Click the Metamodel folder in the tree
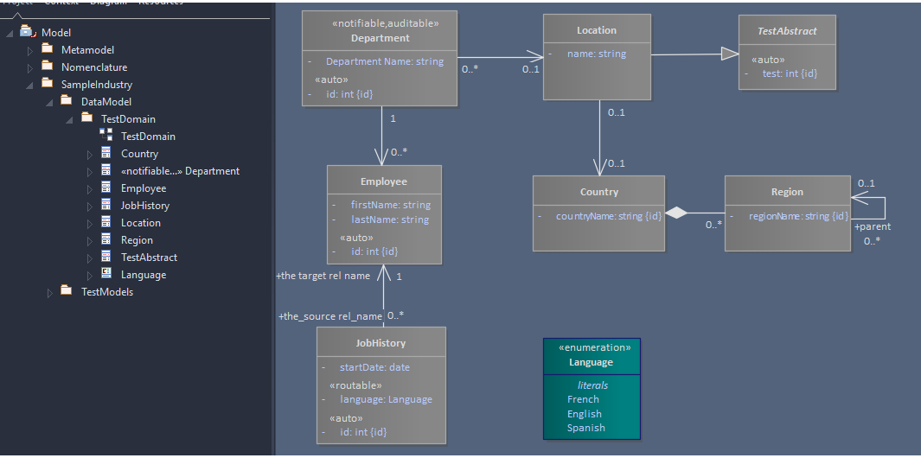pos(86,50)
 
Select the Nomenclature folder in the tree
pos(93,67)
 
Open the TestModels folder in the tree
pos(106,292)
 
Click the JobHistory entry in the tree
pos(144,206)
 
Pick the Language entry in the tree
pos(143,275)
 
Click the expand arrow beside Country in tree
pos(89,155)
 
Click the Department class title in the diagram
pos(381,38)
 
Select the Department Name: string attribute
pos(384,61)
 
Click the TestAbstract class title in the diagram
pos(787,31)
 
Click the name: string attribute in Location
pos(596,54)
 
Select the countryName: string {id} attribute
pos(608,216)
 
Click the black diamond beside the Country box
pos(676,213)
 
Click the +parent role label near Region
pos(872,226)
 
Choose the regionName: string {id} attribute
pos(798,216)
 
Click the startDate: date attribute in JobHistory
pos(374,367)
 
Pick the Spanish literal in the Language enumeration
pos(585,428)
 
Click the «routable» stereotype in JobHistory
pos(355,385)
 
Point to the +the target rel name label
pos(323,276)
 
